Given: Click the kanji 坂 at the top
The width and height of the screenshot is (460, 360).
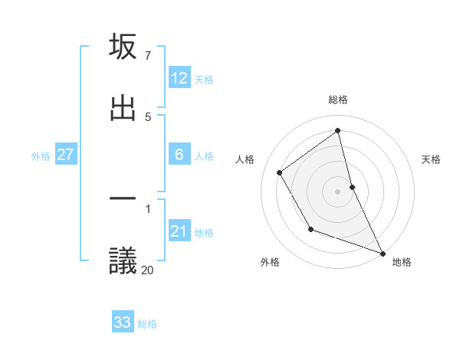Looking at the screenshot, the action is (x=123, y=47).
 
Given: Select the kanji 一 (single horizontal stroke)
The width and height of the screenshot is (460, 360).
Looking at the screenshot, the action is (x=123, y=201).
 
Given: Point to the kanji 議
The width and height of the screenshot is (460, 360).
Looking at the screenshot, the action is (x=123, y=260).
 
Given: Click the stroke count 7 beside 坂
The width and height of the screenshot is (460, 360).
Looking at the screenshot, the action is (x=147, y=56).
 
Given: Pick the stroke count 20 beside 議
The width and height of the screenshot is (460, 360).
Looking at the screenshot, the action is (x=147, y=269).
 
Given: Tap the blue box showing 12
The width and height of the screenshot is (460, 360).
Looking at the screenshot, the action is (x=179, y=78).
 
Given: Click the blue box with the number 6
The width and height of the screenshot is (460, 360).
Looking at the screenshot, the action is (x=179, y=155).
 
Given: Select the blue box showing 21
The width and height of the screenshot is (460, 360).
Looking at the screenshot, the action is (x=179, y=232).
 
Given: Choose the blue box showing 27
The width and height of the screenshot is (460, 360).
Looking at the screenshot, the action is (x=65, y=155).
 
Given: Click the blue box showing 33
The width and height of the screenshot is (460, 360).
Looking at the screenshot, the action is (x=123, y=323).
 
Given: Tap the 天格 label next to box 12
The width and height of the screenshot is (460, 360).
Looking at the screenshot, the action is (x=204, y=79).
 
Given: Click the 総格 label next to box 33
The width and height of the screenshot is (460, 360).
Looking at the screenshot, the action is (x=147, y=324).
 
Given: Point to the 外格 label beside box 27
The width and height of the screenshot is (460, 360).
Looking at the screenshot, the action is (x=41, y=156).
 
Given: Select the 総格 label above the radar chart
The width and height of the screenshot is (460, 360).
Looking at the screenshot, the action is (x=338, y=100).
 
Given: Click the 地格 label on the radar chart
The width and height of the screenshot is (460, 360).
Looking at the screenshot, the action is (x=402, y=262).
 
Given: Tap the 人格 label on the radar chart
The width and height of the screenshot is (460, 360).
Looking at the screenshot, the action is (x=245, y=159).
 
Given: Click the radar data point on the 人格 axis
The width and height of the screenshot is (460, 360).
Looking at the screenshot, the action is (x=280, y=172).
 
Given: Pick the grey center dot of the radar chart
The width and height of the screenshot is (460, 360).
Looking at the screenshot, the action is (x=338, y=191).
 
